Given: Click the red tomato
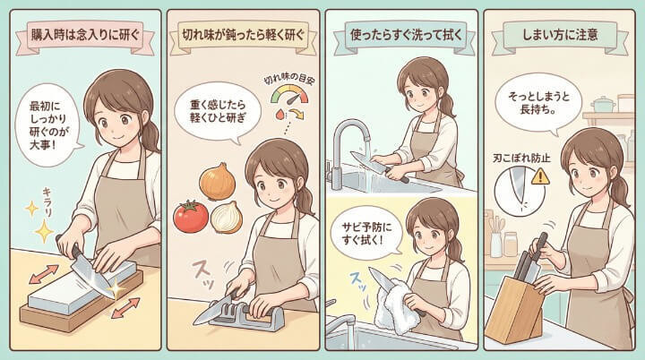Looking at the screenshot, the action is (191, 217).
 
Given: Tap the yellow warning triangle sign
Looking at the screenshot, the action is (540, 177).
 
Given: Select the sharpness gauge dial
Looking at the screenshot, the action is (289, 95).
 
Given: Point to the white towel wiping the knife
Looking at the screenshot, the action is (394, 305).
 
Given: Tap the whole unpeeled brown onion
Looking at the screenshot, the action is (217, 181).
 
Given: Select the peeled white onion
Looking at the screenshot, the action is (227, 218).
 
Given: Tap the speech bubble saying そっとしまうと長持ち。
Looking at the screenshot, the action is (538, 104).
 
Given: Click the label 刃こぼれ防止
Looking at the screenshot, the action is (521, 158).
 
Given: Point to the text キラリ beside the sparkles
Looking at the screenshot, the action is (48, 201).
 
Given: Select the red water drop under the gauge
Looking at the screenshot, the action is (279, 114).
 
